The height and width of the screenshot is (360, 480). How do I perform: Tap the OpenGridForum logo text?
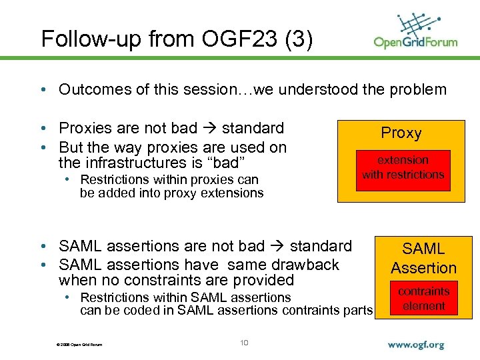(415, 42)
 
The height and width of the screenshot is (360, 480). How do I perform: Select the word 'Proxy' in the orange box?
(401, 133)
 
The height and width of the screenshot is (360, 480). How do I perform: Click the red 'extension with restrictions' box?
(403, 168)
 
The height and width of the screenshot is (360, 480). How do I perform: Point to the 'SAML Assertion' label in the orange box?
(423, 259)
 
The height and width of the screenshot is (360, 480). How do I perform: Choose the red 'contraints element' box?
(423, 299)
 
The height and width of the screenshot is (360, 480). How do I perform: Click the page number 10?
(244, 343)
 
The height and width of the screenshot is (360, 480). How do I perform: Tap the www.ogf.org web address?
(415, 345)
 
